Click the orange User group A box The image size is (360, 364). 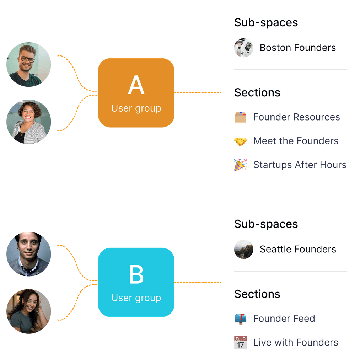pos(136,93)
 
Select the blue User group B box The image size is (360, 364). pos(136,282)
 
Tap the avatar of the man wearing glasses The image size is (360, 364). pos(28,64)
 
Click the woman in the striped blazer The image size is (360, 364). pos(28,122)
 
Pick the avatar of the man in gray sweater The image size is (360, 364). pos(28,254)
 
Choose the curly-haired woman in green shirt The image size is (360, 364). pos(28,311)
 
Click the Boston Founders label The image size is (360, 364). pos(297,48)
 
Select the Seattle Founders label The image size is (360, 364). pos(297,249)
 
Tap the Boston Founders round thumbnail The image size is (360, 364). pos(243,48)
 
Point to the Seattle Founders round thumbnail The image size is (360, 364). pos(243,249)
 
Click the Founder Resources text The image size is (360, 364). pos(296,117)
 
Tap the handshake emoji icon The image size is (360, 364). pos(240,141)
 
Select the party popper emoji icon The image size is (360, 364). pos(240,165)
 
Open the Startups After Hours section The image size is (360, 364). pos(300,165)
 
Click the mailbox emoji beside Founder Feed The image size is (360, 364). pos(240,319)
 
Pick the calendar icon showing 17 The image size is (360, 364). pos(240,343)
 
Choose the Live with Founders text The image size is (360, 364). pos(295,343)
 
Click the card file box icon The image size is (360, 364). pos(240,117)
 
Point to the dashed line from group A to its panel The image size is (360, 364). pos(198,93)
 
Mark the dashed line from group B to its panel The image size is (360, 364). pos(198,282)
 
